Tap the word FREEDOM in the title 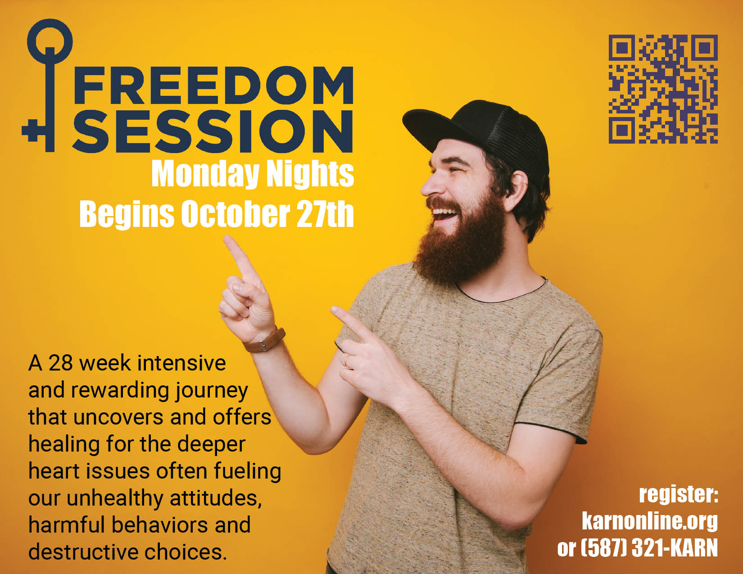pos(214,85)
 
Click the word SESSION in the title pos(213,131)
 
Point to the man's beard pos(460,240)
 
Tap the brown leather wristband pos(264,341)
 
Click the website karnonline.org pos(650,522)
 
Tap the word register pos(679,494)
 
